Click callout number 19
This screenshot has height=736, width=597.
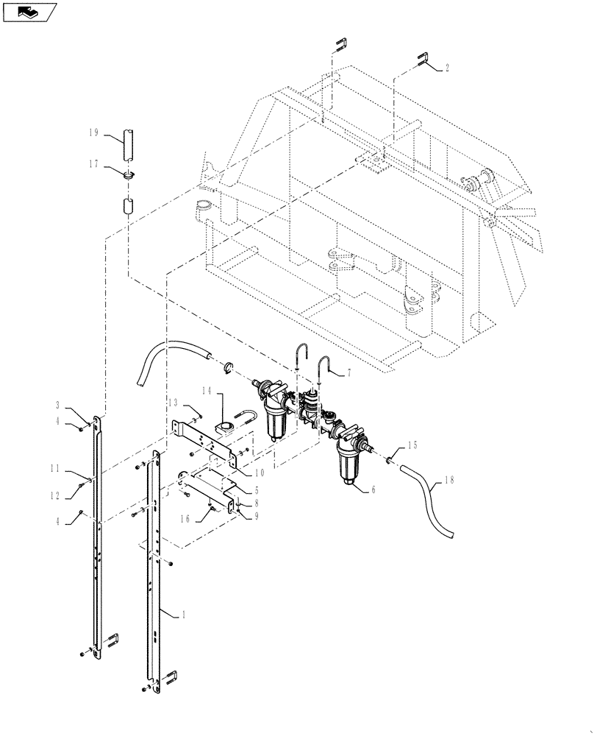pyautogui.click(x=93, y=133)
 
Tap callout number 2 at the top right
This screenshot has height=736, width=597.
pyautogui.click(x=447, y=68)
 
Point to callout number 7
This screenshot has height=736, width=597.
pyautogui.click(x=348, y=374)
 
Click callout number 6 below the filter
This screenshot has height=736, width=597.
pyautogui.click(x=374, y=489)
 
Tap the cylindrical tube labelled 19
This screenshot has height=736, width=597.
pyautogui.click(x=129, y=144)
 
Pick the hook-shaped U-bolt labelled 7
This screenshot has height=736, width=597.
pyautogui.click(x=323, y=364)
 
